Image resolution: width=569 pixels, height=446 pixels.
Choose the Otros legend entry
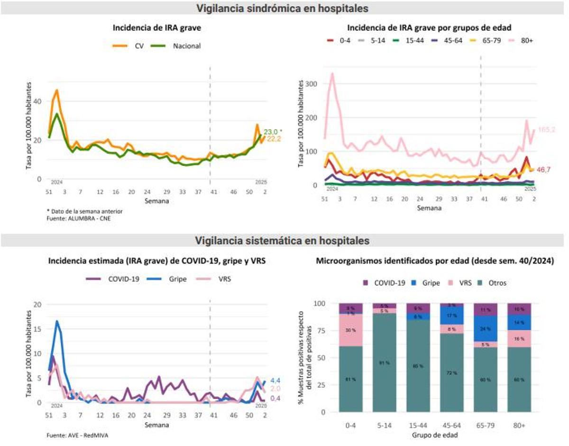pyautogui.click(x=491, y=283)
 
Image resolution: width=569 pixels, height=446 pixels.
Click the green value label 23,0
pyautogui.click(x=272, y=131)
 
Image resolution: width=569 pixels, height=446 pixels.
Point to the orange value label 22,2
pyautogui.click(x=273, y=138)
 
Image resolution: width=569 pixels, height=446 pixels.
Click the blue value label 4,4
pyautogui.click(x=275, y=381)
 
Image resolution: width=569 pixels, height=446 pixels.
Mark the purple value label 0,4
pyautogui.click(x=275, y=398)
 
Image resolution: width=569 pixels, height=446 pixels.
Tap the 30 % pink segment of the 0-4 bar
pyautogui.click(x=351, y=329)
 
